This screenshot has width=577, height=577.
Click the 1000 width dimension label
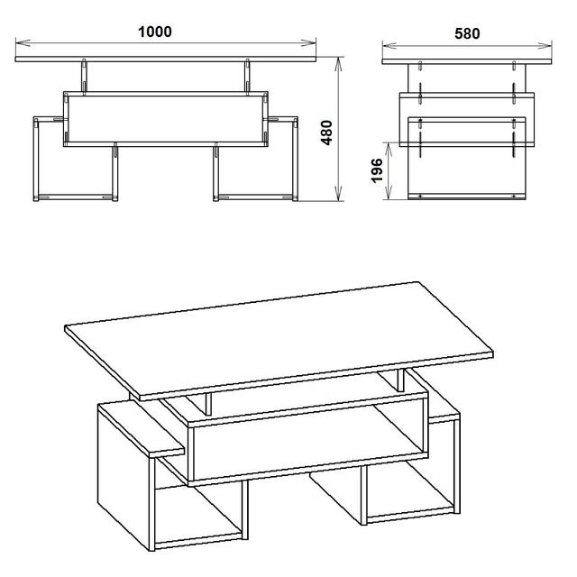pos(154,32)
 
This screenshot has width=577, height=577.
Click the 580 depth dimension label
pos(467,33)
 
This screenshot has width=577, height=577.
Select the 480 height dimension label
pos(326,133)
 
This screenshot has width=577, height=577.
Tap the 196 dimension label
pos(377,170)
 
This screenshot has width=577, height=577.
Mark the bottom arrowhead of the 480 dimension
pos(339,194)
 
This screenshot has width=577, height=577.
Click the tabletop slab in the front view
pos(166,60)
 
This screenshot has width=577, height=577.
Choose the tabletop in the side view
pos(467,61)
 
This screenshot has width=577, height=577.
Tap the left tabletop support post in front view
pos(84,77)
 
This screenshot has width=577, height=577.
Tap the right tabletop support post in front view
pos(247,77)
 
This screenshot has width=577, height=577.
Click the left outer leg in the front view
pos(36,159)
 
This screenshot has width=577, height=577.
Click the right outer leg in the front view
pos(295,159)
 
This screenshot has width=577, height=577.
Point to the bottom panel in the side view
pos(467,197)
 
